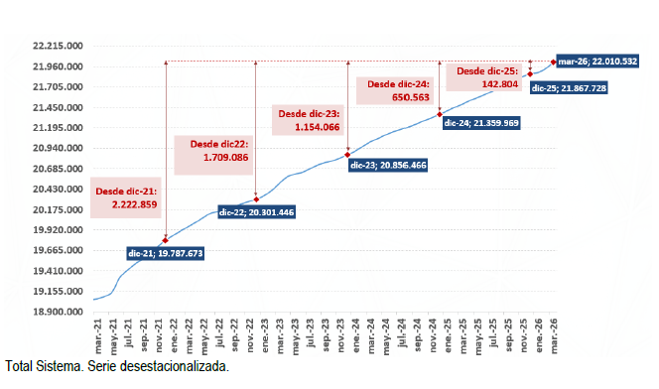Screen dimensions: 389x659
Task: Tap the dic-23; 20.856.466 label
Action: [387, 165]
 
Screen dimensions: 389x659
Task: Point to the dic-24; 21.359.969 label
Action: [481, 123]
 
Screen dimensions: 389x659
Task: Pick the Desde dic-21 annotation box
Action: [126, 197]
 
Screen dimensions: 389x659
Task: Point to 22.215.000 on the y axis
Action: [57, 47]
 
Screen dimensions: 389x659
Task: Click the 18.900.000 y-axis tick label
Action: [57, 312]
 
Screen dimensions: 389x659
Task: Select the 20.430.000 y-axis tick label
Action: [57, 190]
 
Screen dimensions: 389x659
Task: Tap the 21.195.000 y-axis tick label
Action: [57, 128]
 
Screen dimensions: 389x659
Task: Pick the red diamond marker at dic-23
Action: [347, 155]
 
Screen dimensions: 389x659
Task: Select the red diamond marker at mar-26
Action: [553, 63]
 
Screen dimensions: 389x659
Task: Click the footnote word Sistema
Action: [57, 367]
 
